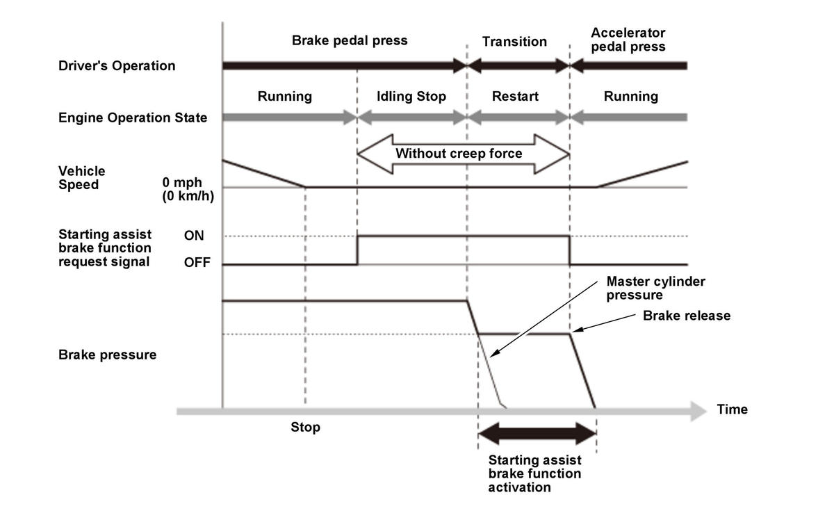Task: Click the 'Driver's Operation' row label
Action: click(117, 66)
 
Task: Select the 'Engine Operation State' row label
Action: click(133, 117)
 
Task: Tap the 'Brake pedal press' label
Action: click(349, 40)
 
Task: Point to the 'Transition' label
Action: click(514, 41)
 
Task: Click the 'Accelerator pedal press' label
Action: click(628, 40)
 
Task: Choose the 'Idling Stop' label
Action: click(411, 97)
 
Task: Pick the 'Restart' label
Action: click(515, 96)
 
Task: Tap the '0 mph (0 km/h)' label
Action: click(188, 189)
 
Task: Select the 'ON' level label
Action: click(194, 236)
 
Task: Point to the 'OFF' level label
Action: click(197, 262)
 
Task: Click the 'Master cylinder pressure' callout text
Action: click(655, 288)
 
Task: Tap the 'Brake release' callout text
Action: click(687, 316)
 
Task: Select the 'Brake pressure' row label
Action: click(107, 355)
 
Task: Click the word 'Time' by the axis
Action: click(732, 410)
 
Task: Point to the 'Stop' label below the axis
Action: click(305, 427)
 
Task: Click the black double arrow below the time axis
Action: click(537, 434)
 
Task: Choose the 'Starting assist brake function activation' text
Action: click(534, 473)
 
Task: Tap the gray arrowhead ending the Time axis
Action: click(698, 411)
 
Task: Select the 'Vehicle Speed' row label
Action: click(82, 178)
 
